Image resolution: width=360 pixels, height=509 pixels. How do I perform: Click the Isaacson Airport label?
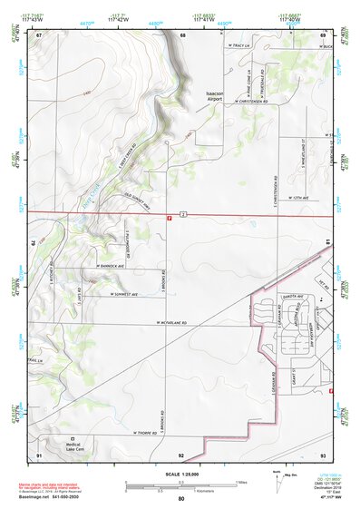[x=214, y=95]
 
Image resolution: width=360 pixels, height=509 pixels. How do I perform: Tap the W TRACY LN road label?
[x=239, y=44]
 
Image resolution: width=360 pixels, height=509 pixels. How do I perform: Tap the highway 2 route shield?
[x=182, y=213]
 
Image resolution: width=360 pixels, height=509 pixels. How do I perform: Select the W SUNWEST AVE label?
[x=122, y=294]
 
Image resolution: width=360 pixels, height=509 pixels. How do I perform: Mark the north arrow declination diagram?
[x=278, y=477]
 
